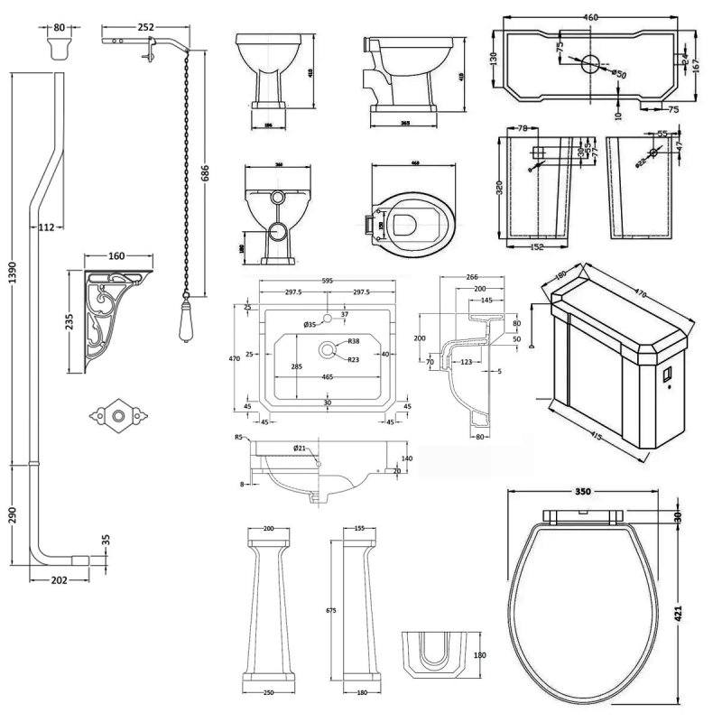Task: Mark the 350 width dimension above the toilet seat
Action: point(583,492)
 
